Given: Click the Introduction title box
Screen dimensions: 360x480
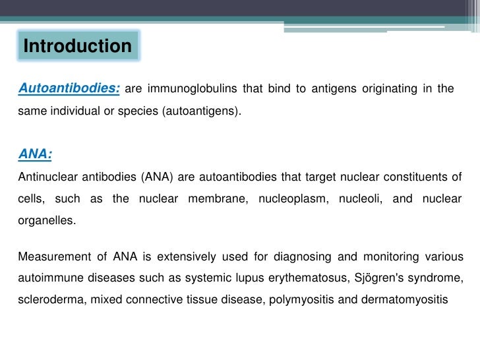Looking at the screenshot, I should coord(78,46).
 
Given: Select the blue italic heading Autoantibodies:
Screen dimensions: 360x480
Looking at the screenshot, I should coord(69,88).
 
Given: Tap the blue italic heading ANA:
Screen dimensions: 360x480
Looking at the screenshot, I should coord(35,154).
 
